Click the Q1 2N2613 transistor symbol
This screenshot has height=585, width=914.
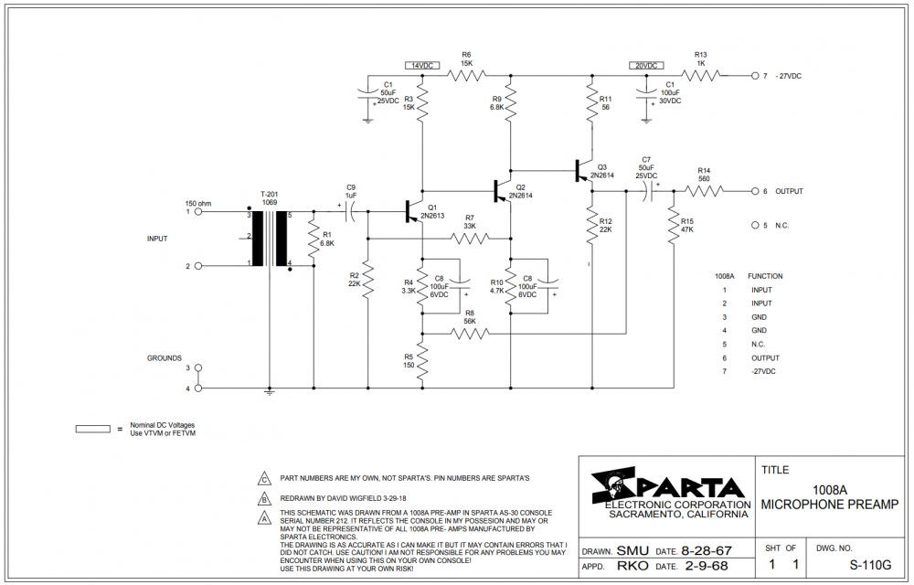click(x=413, y=210)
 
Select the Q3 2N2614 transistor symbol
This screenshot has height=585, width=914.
click(x=584, y=170)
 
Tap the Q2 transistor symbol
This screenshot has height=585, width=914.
click(x=501, y=190)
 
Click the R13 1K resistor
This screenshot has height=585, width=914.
click(x=702, y=75)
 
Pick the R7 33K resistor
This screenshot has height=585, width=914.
click(x=470, y=238)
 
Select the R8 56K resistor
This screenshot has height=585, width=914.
click(x=470, y=334)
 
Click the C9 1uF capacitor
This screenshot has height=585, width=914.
click(x=351, y=210)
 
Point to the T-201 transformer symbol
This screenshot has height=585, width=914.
click(x=270, y=238)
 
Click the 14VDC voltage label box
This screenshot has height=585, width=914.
click(x=421, y=66)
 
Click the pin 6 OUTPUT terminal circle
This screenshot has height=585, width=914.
click(x=754, y=191)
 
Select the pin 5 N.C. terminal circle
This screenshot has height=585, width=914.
click(x=754, y=225)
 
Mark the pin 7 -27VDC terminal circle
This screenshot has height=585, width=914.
click(x=754, y=75)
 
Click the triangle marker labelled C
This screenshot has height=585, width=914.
click(x=265, y=478)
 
